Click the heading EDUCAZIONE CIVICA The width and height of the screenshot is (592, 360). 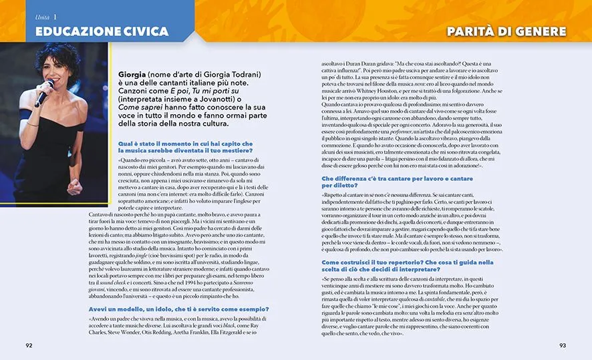point(93,31)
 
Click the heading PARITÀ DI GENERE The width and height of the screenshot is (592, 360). point(506,31)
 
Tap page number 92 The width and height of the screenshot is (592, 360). point(29,345)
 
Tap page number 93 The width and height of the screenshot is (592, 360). point(562,345)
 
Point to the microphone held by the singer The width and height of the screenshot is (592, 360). point(43,94)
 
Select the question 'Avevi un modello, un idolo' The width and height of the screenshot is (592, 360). point(179,309)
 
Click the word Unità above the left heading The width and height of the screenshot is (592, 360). point(43,16)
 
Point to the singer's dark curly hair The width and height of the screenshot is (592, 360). point(57,53)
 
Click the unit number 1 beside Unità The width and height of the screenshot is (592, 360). point(55,16)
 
